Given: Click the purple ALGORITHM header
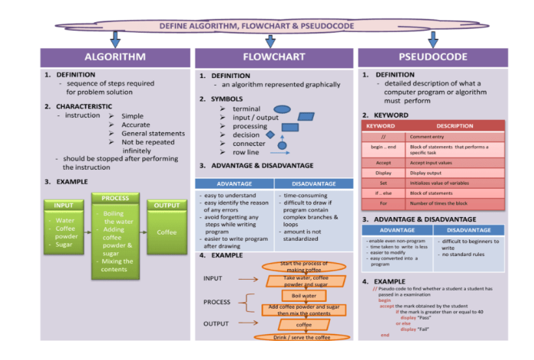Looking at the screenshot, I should (x=115, y=57).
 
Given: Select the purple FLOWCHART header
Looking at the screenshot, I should (x=273, y=57).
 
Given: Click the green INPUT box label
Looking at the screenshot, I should (x=64, y=205).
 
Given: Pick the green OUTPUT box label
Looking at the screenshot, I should (x=166, y=205).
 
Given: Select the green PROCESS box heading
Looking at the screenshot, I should (x=115, y=198).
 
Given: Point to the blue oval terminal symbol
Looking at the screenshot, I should (x=282, y=109).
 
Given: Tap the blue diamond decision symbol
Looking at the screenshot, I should (x=270, y=135).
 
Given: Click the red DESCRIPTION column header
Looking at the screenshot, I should (x=455, y=125).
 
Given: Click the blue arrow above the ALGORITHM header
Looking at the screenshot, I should (x=115, y=38).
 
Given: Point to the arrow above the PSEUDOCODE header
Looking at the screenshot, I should (x=433, y=38).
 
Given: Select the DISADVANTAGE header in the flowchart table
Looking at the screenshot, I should (x=312, y=183).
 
